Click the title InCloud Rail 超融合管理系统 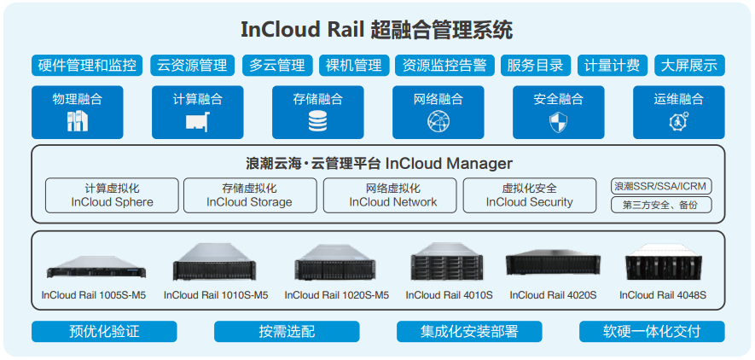pyautogui.click(x=376, y=31)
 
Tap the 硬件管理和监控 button pyautogui.click(x=88, y=66)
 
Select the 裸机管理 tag pyautogui.click(x=353, y=66)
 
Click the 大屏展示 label pyautogui.click(x=688, y=66)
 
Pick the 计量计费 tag pyautogui.click(x=612, y=66)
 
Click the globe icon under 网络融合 pyautogui.click(x=438, y=121)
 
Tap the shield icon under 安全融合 pyautogui.click(x=558, y=121)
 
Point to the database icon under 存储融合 pyautogui.click(x=317, y=121)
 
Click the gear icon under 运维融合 pyautogui.click(x=678, y=121)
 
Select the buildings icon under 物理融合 pyautogui.click(x=78, y=121)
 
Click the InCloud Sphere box pyautogui.click(x=112, y=195)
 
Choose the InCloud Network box pyautogui.click(x=392, y=195)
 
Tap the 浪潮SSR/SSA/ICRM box pyautogui.click(x=661, y=186)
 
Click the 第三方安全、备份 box pyautogui.click(x=661, y=205)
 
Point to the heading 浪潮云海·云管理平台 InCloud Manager pyautogui.click(x=379, y=163)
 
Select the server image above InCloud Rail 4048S pyautogui.click(x=662, y=264)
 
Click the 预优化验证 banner pyautogui.click(x=104, y=331)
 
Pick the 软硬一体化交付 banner pyautogui.click(x=652, y=331)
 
